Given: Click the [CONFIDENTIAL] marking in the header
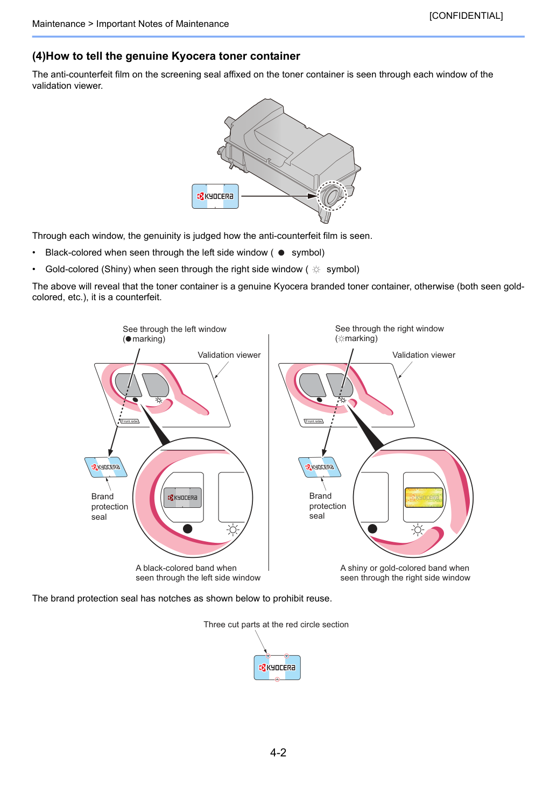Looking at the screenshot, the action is [466, 16].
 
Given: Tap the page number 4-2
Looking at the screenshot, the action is [278, 752].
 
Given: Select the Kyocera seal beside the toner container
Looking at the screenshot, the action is [215, 196].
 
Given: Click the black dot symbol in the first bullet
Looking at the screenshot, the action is [281, 253].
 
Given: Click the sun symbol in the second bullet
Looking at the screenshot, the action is [316, 270].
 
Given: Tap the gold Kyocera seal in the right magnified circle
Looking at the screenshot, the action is [424, 497].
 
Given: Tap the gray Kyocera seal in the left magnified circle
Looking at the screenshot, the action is [182, 497].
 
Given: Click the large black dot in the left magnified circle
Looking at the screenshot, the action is [188, 529].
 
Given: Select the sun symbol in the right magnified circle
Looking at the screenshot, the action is [417, 529].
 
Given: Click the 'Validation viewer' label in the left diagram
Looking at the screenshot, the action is [229, 355].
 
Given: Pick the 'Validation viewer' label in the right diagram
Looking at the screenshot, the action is [424, 355].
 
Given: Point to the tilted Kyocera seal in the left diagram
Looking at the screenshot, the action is [106, 467].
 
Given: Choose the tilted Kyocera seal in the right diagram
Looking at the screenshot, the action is [320, 467].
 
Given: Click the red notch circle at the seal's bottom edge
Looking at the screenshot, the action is [277, 679].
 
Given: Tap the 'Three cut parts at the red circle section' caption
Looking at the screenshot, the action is [276, 625].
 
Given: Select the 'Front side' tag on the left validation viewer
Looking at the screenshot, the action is [130, 421].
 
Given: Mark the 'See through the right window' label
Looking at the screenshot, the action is [389, 329].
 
